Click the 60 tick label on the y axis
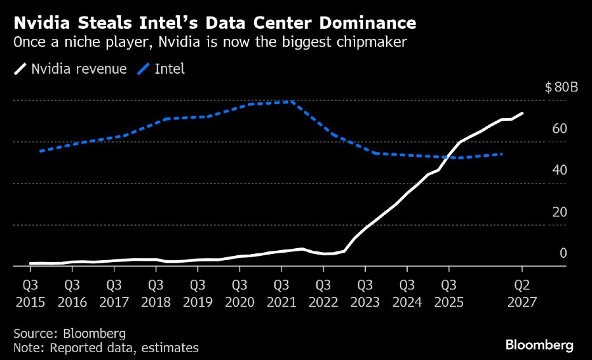click(560, 128)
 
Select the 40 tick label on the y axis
click(560, 170)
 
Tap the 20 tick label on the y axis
click(560, 211)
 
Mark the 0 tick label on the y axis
click(563, 253)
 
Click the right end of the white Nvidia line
click(522, 113)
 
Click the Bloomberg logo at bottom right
click(539, 345)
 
